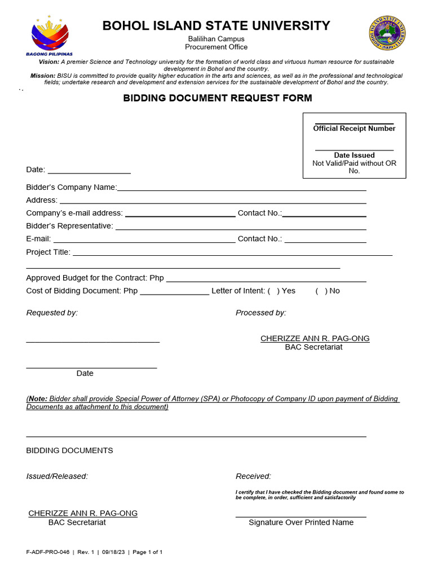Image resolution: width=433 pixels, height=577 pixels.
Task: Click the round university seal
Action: click(x=387, y=33)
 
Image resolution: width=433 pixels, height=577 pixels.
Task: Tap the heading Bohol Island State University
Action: click(x=216, y=25)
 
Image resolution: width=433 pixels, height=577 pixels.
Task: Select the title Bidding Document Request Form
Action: click(x=218, y=98)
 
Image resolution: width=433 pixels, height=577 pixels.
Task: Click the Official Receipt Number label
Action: click(x=354, y=128)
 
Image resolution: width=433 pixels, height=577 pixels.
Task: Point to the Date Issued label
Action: click(x=354, y=155)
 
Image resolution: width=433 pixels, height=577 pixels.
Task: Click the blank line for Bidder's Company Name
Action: click(x=241, y=188)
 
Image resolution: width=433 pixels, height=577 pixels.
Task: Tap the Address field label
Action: click(x=42, y=200)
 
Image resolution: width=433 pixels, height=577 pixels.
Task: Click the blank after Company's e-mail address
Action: click(x=180, y=214)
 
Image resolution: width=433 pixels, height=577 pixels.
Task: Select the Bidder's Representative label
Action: click(x=69, y=226)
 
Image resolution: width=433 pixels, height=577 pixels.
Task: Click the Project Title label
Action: click(x=48, y=252)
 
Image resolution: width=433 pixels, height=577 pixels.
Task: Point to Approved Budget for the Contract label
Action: click(x=95, y=278)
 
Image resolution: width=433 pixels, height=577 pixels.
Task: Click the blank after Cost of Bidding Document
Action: click(x=174, y=292)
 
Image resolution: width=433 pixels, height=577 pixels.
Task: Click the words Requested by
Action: click(x=52, y=313)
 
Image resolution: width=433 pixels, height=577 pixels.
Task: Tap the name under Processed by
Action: click(x=315, y=338)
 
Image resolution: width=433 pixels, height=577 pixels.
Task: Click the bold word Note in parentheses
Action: click(x=38, y=398)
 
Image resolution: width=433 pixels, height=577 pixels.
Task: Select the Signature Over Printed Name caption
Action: click(x=301, y=522)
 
